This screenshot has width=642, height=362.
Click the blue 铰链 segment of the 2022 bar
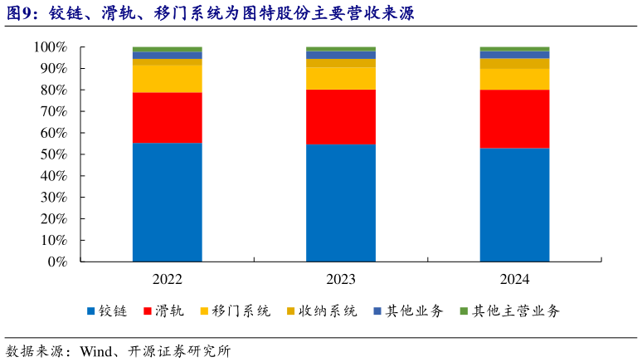pos(167,202)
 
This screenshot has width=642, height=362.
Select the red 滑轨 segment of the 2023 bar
pos(341,116)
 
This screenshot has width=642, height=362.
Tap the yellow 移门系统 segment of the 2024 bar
pos(514,79)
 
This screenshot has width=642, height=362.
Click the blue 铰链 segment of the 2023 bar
pos(341,203)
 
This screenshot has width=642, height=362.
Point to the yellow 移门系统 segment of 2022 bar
pos(167,79)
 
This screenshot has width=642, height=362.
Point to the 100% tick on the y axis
pos(51,47)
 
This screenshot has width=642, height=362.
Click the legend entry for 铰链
pos(107,311)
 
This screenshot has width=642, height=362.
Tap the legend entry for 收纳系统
pos(322,311)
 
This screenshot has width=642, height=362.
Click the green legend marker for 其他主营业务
pos(463,311)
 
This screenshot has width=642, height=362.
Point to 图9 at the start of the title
pos(20,14)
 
